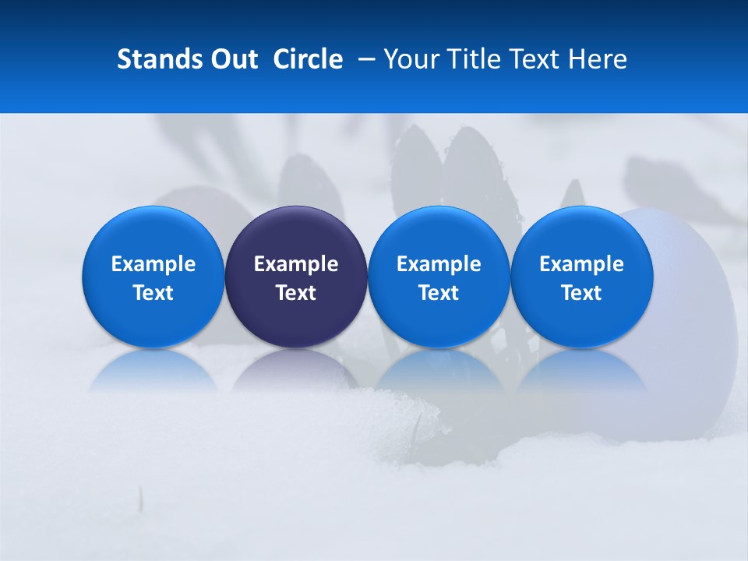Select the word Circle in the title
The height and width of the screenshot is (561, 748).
[x=308, y=59]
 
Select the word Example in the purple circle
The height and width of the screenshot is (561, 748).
[x=296, y=264]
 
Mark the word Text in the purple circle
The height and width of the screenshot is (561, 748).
[x=296, y=293]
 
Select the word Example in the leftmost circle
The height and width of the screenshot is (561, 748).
[x=153, y=264]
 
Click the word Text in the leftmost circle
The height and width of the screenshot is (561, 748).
[x=153, y=293]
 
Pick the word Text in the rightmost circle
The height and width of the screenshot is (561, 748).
[x=581, y=293]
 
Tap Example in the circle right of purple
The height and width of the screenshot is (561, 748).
[x=439, y=264]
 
